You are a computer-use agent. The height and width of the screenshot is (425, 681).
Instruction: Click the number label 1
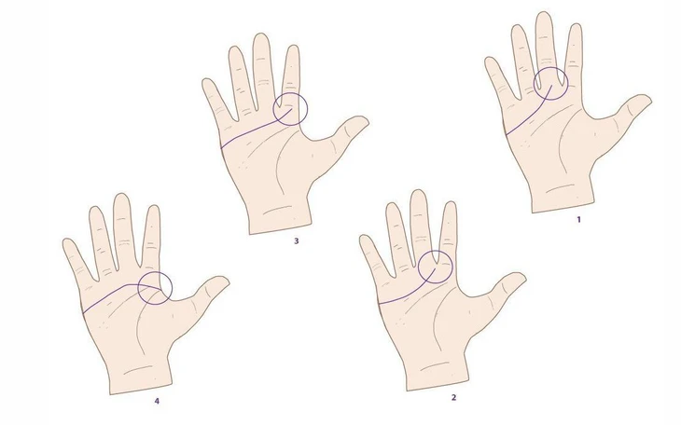coord(578,220)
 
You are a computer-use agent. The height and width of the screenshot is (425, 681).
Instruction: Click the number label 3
coord(296,240)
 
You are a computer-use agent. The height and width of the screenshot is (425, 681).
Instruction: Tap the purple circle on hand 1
coord(550,83)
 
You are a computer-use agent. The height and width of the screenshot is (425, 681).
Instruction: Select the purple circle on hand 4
coord(154,288)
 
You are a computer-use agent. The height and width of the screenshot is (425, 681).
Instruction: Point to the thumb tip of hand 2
coord(518,279)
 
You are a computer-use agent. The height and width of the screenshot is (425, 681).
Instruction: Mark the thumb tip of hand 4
coord(222,281)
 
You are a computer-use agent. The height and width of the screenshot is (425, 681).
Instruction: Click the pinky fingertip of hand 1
coord(490,63)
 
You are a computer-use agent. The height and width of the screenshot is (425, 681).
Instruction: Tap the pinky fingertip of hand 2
coord(365,240)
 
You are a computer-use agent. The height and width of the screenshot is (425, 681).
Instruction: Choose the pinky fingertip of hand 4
coord(68,244)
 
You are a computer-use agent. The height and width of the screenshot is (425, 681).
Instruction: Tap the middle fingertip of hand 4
coord(121,198)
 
